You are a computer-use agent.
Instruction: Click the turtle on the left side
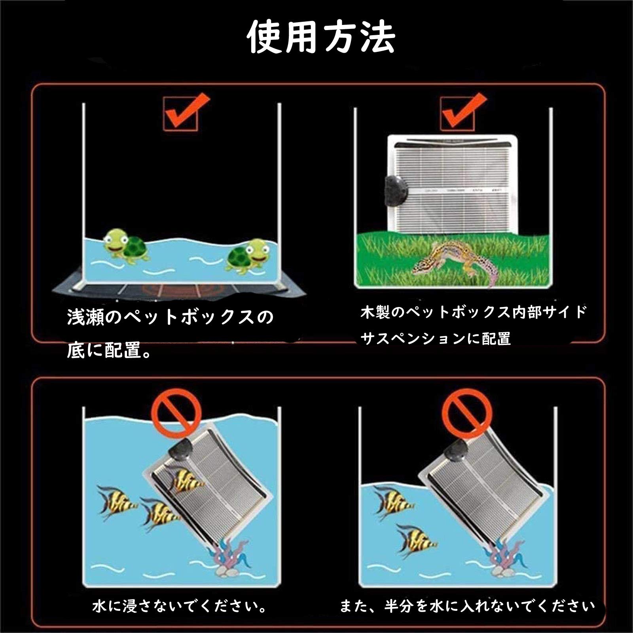pos(126,247)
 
